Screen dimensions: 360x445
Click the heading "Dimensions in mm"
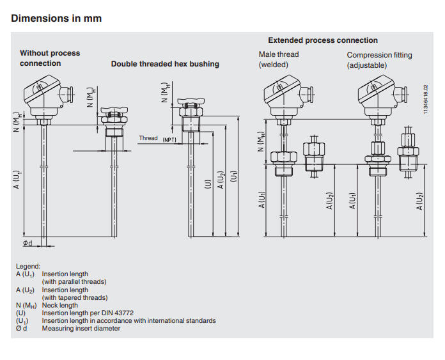(56, 18)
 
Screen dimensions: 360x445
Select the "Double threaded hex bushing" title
(165, 64)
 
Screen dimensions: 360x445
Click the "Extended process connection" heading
(323, 40)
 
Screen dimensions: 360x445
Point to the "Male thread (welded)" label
(278, 59)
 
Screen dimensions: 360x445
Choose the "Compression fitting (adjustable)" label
(380, 59)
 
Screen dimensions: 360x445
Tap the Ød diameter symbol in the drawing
(27, 244)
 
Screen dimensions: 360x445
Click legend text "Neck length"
(59, 306)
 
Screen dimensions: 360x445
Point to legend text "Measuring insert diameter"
(81, 329)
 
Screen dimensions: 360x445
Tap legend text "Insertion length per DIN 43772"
(88, 313)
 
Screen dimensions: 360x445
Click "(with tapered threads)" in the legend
(74, 298)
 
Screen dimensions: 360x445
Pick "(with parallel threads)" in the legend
(74, 282)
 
